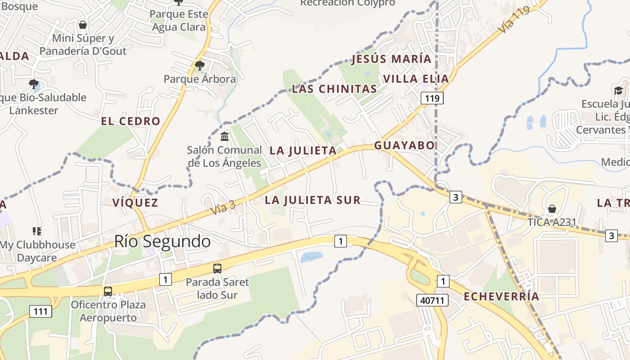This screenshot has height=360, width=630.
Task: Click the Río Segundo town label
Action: [162, 242]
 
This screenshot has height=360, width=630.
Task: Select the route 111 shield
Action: [41, 311]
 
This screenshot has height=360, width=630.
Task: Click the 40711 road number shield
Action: [432, 300]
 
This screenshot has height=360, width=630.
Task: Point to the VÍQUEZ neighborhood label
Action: [135, 202]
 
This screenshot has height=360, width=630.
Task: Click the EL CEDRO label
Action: [130, 121]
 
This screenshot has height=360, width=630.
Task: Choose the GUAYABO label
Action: [405, 145]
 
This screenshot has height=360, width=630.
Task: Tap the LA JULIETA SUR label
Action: [313, 200]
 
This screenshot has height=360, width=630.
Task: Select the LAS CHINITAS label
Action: [334, 89]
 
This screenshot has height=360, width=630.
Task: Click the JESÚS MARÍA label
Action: [391, 59]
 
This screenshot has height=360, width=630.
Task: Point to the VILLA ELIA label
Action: [416, 79]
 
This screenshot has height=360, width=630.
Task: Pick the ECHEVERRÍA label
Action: [501, 297]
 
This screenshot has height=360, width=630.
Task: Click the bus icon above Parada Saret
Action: [217, 269]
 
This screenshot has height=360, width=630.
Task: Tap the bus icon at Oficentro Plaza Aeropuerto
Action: [108, 291]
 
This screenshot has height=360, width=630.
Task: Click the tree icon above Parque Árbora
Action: [200, 66]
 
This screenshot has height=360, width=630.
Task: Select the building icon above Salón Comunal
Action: [224, 136]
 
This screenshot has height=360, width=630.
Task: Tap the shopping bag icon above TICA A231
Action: [552, 209]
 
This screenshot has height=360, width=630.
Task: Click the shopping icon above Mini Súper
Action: [83, 25]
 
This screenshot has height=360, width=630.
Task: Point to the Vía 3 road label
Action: [223, 207]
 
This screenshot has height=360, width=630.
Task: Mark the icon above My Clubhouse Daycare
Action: [37, 231]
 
